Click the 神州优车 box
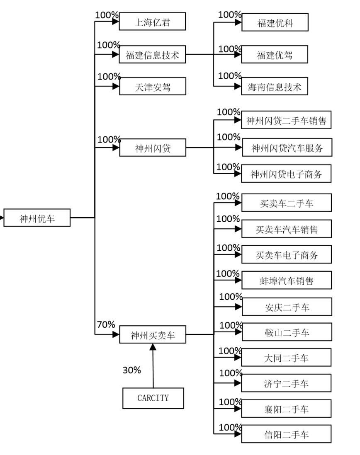[x=37, y=218]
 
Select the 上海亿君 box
[x=152, y=22]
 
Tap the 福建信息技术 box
[x=152, y=55]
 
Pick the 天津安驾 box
[x=152, y=87]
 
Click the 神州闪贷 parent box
[x=152, y=148]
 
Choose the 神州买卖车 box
[x=152, y=335]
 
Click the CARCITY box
[x=153, y=398]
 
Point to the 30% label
[x=131, y=370]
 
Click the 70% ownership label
[x=106, y=324]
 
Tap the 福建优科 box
[x=275, y=23]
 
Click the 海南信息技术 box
[x=275, y=87]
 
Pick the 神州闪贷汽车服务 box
[x=287, y=148]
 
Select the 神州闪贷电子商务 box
[x=287, y=174]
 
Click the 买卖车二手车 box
[x=287, y=203]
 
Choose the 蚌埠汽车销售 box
[x=287, y=281]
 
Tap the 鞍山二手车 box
[x=287, y=332]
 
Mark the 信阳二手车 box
[x=287, y=434]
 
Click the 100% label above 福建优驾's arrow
[x=230, y=49]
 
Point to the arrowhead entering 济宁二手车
[x=238, y=383]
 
